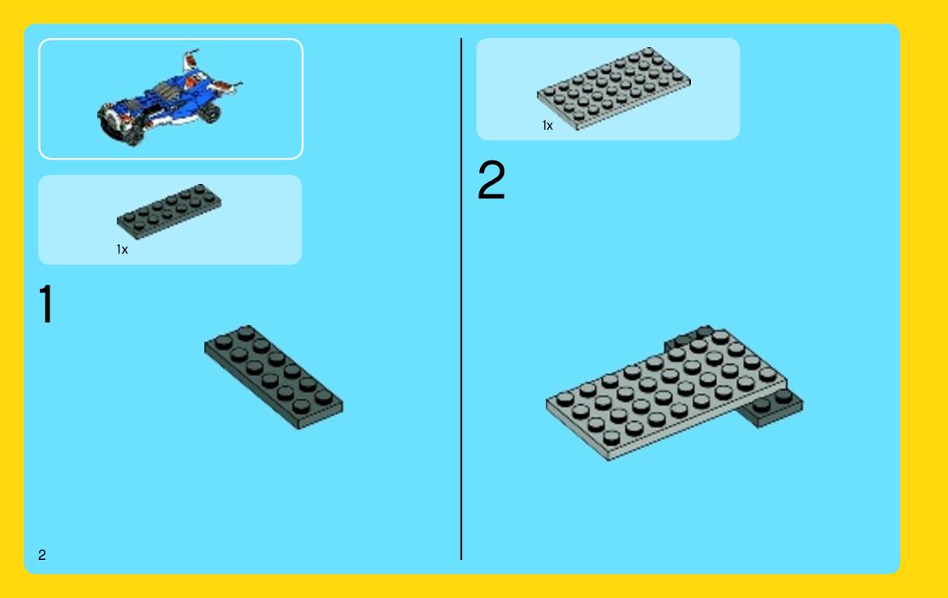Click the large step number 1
(x=46, y=305)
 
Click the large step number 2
(x=491, y=179)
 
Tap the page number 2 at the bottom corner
(x=41, y=554)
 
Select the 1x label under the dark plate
(x=122, y=249)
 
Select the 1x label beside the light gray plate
(x=547, y=125)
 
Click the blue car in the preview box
(x=169, y=98)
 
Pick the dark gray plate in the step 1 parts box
(x=169, y=211)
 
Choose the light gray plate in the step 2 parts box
(x=614, y=88)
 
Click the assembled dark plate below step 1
(x=273, y=377)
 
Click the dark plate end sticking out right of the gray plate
(x=774, y=408)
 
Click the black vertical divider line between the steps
(x=461, y=299)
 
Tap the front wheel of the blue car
(x=133, y=136)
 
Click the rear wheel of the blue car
(x=210, y=113)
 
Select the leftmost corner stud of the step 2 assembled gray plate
(x=565, y=399)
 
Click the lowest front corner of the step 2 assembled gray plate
(x=608, y=459)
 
